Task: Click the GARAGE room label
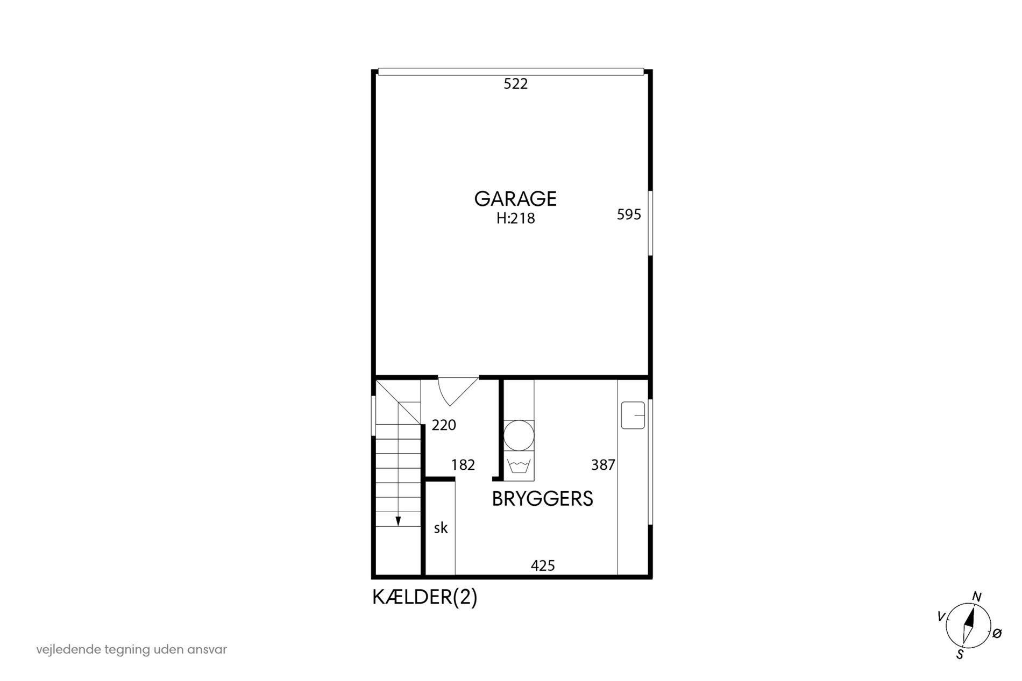coord(515,199)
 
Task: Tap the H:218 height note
coord(516,219)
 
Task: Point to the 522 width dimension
coord(516,84)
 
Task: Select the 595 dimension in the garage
coord(629,215)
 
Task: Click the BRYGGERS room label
coord(542,499)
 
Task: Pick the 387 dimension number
coord(603,465)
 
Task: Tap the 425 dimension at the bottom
coord(543,565)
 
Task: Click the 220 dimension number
coord(444,426)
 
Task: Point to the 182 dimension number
coord(463,465)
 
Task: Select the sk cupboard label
coord(441,528)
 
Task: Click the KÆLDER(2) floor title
coord(425,598)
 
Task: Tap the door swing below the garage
coord(458,391)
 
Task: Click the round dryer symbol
coord(519,435)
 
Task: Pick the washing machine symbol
coord(519,465)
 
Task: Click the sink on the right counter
coord(633,415)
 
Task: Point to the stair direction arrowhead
coord(398,521)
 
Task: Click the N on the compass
coord(977,597)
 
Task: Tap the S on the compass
coord(960,655)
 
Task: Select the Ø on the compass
coord(997,634)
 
